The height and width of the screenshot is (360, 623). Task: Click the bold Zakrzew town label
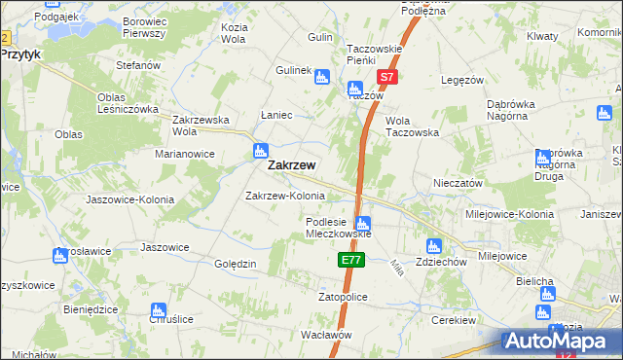tap(290, 165)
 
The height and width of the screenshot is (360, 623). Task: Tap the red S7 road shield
tap(386, 76)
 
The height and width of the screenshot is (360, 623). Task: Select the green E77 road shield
tap(351, 261)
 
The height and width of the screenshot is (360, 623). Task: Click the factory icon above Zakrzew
tap(260, 151)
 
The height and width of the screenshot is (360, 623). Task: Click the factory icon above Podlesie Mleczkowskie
tap(363, 225)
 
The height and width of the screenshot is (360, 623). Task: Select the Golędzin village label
tap(235, 264)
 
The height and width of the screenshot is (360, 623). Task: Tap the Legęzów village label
tap(462, 80)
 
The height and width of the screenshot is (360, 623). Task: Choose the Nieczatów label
tap(458, 182)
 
